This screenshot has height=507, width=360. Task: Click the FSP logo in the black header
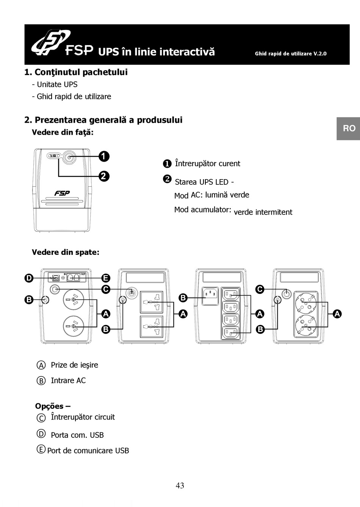pos(62,44)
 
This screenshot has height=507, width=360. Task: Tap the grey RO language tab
pos(349,128)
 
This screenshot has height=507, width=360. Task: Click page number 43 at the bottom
pos(180,485)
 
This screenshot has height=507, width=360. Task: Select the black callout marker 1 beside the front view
pos(104,156)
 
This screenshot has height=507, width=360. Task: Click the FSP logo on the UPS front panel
pos(62,193)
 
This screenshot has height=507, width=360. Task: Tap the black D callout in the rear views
pos(29,278)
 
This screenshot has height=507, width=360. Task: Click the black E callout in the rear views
pos(106,278)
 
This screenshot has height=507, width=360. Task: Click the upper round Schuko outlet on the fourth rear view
pos(306,302)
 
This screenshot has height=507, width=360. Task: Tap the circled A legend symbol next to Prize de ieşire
pos(41,365)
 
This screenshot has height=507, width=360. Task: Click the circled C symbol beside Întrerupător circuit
pos(41,418)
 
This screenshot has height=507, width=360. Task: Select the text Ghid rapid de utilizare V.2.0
pos(291,54)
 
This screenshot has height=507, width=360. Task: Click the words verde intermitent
pos(263,212)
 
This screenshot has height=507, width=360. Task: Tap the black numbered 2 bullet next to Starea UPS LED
pos(167,179)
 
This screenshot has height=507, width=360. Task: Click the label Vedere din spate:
pos(66,252)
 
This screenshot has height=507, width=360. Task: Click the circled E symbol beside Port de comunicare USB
pos(41,449)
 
